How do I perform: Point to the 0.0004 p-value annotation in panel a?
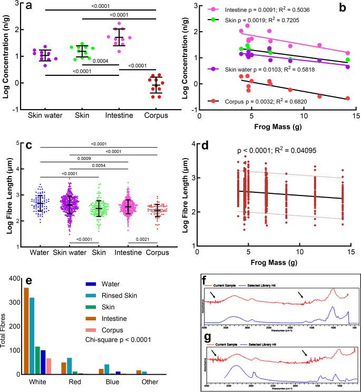[x=102, y=61]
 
